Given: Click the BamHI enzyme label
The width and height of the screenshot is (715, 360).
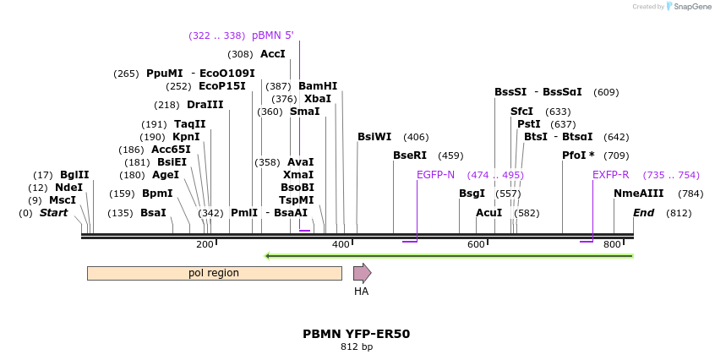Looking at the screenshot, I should (318, 86).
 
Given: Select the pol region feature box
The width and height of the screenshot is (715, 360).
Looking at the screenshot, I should (214, 273).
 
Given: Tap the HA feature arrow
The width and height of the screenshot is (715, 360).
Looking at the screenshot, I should (362, 273).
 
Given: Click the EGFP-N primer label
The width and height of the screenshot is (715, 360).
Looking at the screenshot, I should (435, 175).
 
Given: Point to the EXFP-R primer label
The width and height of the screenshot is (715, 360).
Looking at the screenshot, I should (610, 175).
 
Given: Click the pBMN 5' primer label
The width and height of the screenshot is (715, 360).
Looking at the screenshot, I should (273, 35).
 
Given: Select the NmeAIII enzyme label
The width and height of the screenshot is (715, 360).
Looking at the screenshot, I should (639, 194).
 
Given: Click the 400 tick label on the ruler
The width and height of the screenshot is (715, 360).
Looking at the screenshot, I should (341, 244).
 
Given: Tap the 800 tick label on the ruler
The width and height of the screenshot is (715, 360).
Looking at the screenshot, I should (612, 244).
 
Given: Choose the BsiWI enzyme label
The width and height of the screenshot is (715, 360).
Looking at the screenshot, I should (374, 137).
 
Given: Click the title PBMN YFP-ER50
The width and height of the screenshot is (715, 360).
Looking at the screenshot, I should (357, 334).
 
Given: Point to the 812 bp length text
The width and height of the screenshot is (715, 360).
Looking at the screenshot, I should (357, 347).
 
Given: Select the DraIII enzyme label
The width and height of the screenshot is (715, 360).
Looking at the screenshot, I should (205, 105).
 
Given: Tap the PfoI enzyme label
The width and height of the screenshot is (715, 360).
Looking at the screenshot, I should (578, 155).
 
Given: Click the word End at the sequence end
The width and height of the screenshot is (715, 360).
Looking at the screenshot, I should (643, 213).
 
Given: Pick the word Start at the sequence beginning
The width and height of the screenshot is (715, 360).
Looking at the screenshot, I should (53, 213).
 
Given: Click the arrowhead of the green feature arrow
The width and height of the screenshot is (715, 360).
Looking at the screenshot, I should (268, 255).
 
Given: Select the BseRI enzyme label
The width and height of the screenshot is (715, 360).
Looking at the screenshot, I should (410, 155).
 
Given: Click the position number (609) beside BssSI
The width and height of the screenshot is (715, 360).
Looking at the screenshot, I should (606, 92).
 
